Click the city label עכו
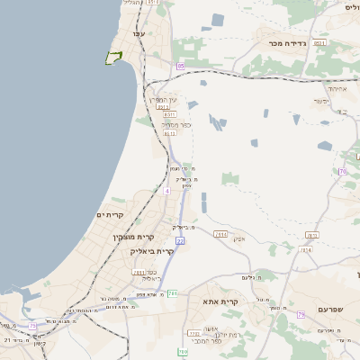point(139,33)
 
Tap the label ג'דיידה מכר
point(288,42)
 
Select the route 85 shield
point(181,67)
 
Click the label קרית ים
point(109,214)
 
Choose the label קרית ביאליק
point(153,251)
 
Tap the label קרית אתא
point(220,301)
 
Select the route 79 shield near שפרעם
point(301,314)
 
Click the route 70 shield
point(342,171)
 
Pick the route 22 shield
point(180,241)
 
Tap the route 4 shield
point(167,191)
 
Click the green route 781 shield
point(173,293)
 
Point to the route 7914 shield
point(220,234)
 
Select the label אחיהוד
point(337,88)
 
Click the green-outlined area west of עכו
point(113,58)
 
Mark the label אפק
point(238,238)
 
